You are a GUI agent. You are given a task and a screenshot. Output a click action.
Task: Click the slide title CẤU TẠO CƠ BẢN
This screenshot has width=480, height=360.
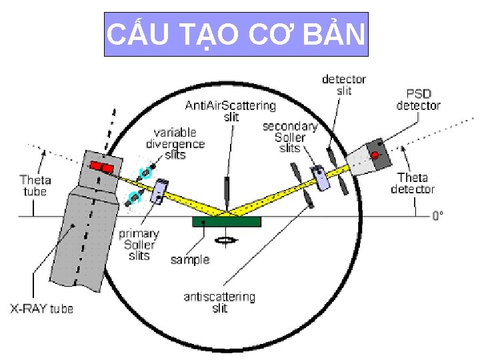(x=237, y=34)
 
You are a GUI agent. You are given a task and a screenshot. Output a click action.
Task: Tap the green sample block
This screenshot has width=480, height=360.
(x=226, y=221)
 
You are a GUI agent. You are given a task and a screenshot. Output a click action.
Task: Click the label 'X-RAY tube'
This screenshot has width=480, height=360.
(x=41, y=309)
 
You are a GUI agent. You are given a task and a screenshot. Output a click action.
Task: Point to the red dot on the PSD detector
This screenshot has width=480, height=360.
(x=375, y=155)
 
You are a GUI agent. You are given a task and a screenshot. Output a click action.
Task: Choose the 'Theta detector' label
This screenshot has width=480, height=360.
(x=413, y=183)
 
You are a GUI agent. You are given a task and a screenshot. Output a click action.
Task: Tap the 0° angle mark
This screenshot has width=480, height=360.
(x=437, y=215)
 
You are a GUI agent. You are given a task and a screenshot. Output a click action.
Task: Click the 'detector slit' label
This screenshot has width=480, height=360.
(x=344, y=85)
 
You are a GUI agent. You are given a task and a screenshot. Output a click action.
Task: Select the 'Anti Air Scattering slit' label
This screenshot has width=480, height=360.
(x=230, y=111)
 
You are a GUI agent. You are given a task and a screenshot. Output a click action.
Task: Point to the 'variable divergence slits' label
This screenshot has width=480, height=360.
(x=175, y=143)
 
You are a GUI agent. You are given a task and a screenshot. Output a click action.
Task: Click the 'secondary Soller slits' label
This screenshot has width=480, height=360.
(x=289, y=137)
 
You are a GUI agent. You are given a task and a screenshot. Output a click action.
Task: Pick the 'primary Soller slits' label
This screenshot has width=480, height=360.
(x=139, y=244)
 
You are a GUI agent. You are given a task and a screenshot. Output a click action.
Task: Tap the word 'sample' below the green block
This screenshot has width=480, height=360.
(x=190, y=259)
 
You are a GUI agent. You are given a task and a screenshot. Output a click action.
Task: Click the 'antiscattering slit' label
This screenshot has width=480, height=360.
(x=219, y=302)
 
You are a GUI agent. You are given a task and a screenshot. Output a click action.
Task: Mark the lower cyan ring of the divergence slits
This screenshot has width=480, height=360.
(x=135, y=197)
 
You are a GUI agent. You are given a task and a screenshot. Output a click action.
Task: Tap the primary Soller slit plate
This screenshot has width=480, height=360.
(x=161, y=191)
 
